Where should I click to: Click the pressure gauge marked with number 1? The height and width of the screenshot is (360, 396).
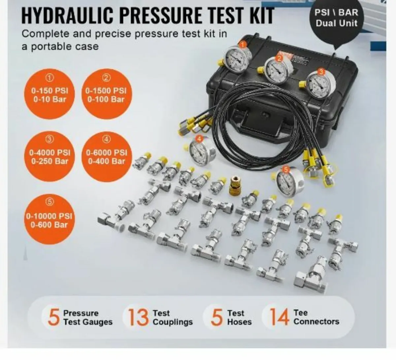pos(238,59)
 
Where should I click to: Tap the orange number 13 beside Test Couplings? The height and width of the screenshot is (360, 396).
pos(138,317)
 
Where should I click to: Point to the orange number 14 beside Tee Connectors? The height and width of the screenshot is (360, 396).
pos(279,317)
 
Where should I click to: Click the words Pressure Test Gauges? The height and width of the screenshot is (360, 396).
pos(87,317)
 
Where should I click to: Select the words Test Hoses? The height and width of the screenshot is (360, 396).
pos(239,317)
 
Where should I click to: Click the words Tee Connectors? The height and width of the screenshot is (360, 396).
pos(316,317)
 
